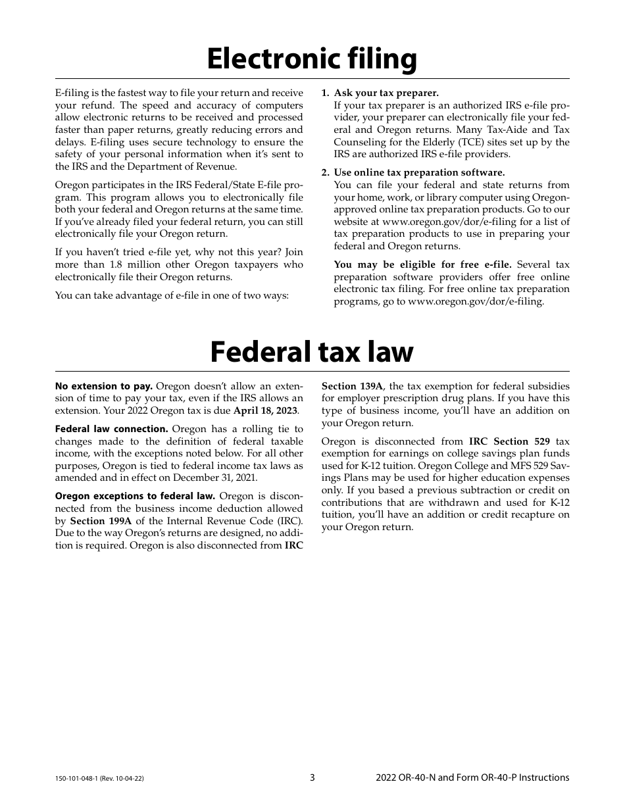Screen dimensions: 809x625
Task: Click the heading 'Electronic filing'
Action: tap(312, 59)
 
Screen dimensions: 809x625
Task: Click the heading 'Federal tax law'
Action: tap(312, 352)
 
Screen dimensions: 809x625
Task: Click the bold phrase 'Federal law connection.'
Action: tap(111, 429)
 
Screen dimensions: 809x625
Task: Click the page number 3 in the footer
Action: tap(312, 777)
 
